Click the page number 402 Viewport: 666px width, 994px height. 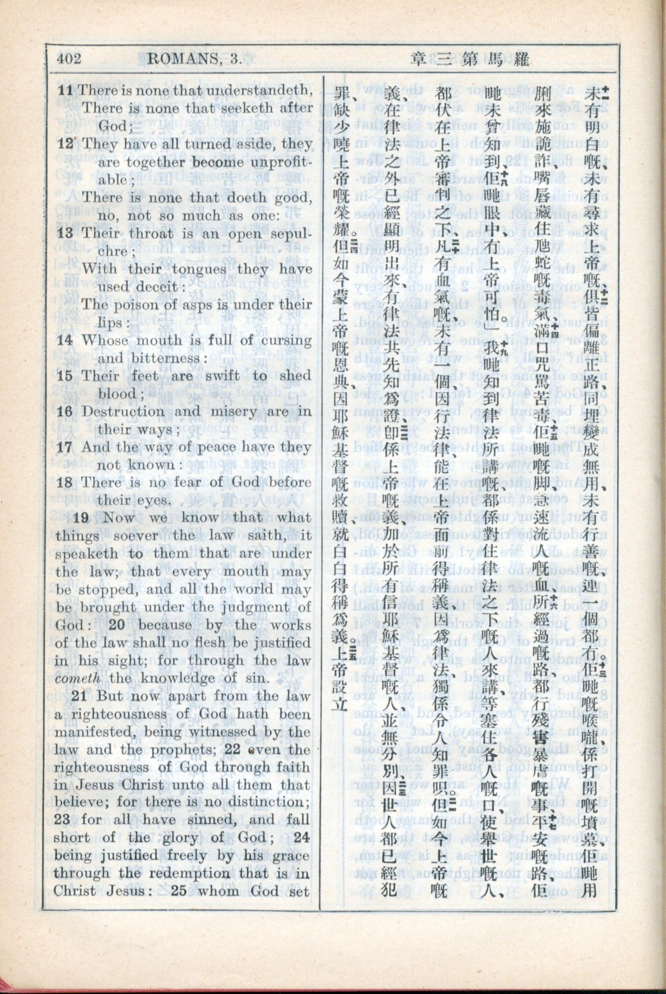[x=68, y=58]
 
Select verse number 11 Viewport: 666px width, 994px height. [x=65, y=90]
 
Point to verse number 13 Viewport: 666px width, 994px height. [x=65, y=233]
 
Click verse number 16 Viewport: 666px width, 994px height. [x=65, y=411]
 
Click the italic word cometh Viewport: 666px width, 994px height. [x=77, y=678]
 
